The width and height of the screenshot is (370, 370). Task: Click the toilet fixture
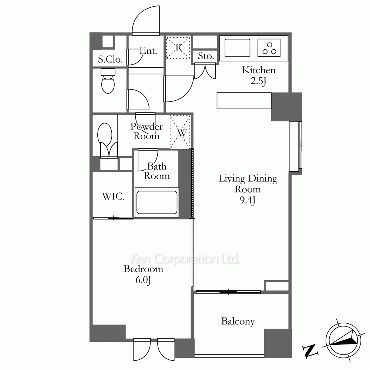108,81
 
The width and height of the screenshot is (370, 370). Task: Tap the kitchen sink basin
237,48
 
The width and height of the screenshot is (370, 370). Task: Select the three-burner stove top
269,48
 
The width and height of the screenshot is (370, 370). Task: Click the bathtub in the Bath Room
157,202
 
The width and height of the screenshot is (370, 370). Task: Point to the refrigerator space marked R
178,47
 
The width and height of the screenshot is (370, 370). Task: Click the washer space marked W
180,132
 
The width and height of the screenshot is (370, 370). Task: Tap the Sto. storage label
206,56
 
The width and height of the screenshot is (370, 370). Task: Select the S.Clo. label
110,59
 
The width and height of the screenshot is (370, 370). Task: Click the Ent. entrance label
148,50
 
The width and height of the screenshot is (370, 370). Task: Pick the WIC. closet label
113,196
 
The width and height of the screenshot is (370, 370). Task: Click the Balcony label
238,322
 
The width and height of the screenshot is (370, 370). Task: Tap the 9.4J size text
248,200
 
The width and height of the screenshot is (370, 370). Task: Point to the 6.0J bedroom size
143,280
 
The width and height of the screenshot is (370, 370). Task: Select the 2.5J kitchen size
258,81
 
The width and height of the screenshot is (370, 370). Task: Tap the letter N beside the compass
310,351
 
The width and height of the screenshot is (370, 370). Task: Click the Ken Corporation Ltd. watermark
185,259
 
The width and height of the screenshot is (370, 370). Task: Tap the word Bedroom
143,269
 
